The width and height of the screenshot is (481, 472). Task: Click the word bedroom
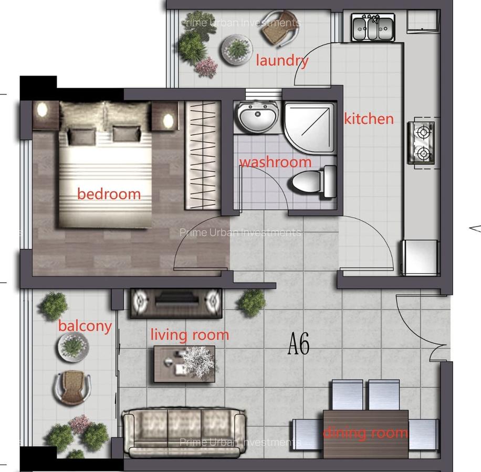(x=109, y=194)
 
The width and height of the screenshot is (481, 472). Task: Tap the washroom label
(x=275, y=162)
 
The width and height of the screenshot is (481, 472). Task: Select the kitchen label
(x=369, y=119)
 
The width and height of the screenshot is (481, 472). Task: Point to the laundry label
(x=282, y=60)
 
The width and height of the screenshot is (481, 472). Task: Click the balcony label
(x=85, y=326)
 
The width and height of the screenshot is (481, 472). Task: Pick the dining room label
(x=365, y=433)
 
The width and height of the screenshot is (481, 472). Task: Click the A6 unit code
(x=299, y=345)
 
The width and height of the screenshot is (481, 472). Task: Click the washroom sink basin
(x=256, y=117)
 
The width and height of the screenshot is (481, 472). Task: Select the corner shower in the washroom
(x=310, y=126)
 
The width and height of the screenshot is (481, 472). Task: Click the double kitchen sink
(x=373, y=28)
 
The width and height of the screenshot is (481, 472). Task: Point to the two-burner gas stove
(x=423, y=142)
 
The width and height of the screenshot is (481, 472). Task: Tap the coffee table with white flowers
(x=184, y=363)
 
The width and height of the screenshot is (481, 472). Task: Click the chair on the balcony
(x=72, y=387)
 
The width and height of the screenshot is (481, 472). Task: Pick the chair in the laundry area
(x=280, y=29)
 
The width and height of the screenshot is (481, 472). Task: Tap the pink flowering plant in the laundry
(x=206, y=67)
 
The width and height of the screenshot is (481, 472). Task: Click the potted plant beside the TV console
(x=252, y=302)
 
